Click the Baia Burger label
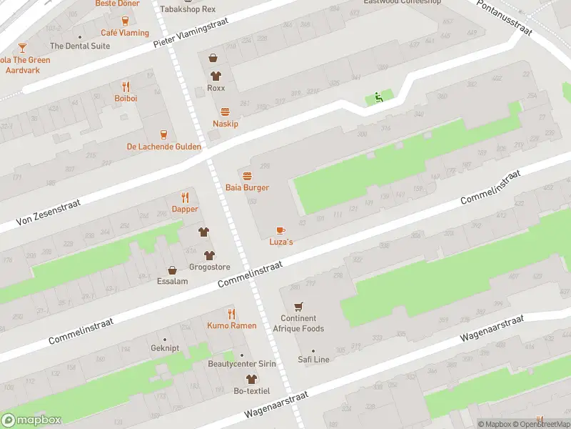[247, 187]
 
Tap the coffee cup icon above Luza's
[281, 230]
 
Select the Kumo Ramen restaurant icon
[231, 314]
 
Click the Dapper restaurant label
[185, 209]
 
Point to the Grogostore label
[209, 267]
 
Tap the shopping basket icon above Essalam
[172, 270]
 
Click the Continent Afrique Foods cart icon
[298, 306]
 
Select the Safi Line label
[313, 360]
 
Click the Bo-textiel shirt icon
[250, 379]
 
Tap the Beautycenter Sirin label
[241, 365]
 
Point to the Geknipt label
[164, 349]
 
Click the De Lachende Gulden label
[163, 147]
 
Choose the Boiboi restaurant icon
[126, 87]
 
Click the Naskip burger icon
[226, 112]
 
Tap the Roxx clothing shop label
[216, 88]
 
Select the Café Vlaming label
[125, 33]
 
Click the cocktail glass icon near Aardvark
[22, 48]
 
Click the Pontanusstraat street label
[506, 19]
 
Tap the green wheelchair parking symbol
[379, 98]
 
